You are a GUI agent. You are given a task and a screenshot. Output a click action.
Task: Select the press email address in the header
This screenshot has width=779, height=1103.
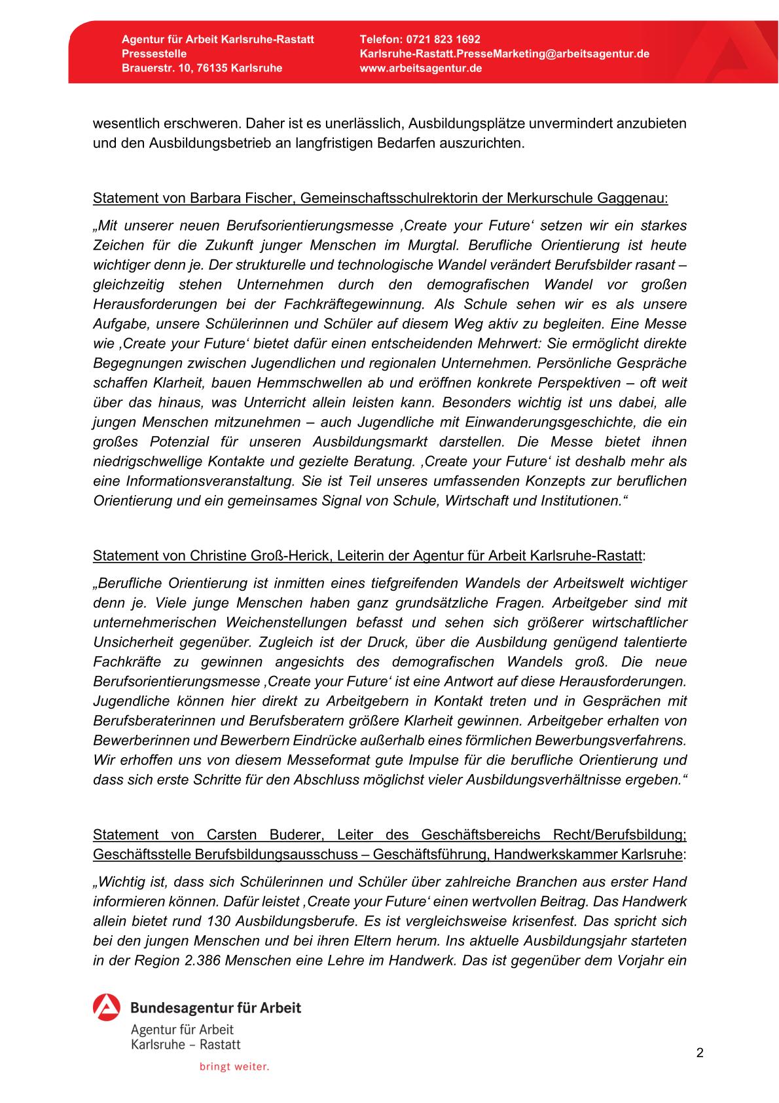pos(504,54)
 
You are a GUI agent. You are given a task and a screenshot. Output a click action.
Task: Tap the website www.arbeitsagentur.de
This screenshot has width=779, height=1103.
pos(421,68)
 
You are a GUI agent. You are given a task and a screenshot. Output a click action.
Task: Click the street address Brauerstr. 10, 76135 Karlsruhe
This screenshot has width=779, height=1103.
pos(202,68)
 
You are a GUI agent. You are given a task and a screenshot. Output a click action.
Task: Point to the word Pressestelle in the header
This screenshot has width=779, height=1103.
pos(154,54)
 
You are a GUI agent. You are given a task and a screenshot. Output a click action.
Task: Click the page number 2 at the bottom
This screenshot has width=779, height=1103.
pos(700,1053)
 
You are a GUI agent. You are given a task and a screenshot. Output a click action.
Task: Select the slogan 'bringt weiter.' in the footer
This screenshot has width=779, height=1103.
pos(234,1067)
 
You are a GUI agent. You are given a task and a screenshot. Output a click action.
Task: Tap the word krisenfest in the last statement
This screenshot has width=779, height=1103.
pos(543,921)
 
